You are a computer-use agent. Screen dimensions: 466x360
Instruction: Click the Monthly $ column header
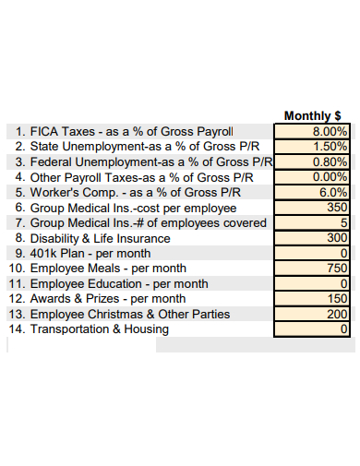pos(313,116)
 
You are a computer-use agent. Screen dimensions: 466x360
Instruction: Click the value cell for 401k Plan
pos(313,253)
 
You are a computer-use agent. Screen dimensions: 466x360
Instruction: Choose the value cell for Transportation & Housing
pos(313,329)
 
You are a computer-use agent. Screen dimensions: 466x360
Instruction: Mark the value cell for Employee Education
pos(313,283)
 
